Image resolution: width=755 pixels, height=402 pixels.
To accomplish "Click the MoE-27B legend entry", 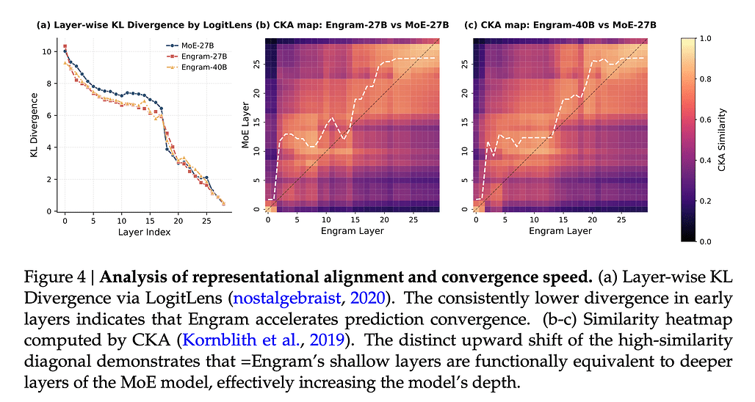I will pos(192,45).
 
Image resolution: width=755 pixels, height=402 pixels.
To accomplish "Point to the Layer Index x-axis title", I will pos(144,232).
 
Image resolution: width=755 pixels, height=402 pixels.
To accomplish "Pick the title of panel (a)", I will pos(144,25).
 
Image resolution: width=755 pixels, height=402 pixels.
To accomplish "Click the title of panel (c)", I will pos(560,25).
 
